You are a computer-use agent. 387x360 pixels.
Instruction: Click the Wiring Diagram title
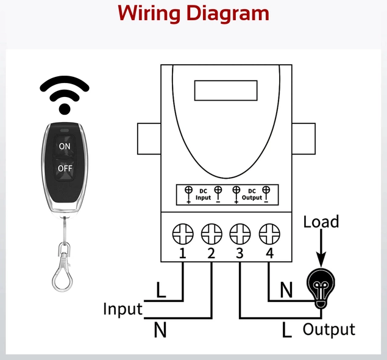pos(193,13)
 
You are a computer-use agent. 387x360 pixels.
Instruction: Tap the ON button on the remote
pos(65,146)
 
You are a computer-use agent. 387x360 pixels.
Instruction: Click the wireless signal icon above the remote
pos(64,94)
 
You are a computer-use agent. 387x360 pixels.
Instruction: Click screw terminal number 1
pos(183,233)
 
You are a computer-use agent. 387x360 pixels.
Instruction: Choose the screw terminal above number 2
pos(211,233)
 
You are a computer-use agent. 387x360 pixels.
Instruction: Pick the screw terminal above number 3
pos(240,233)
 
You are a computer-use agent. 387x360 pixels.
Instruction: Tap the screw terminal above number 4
pos(269,233)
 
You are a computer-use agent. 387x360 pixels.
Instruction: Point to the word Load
pos(321,221)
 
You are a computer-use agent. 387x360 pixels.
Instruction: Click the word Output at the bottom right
pos(328,329)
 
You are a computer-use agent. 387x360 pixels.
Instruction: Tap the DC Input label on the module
pos(204,195)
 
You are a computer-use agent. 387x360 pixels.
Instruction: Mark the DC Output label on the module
pos(252,195)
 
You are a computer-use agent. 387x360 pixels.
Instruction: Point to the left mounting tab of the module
pos(149,139)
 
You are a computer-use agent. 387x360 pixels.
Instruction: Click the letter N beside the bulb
pos(286,290)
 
